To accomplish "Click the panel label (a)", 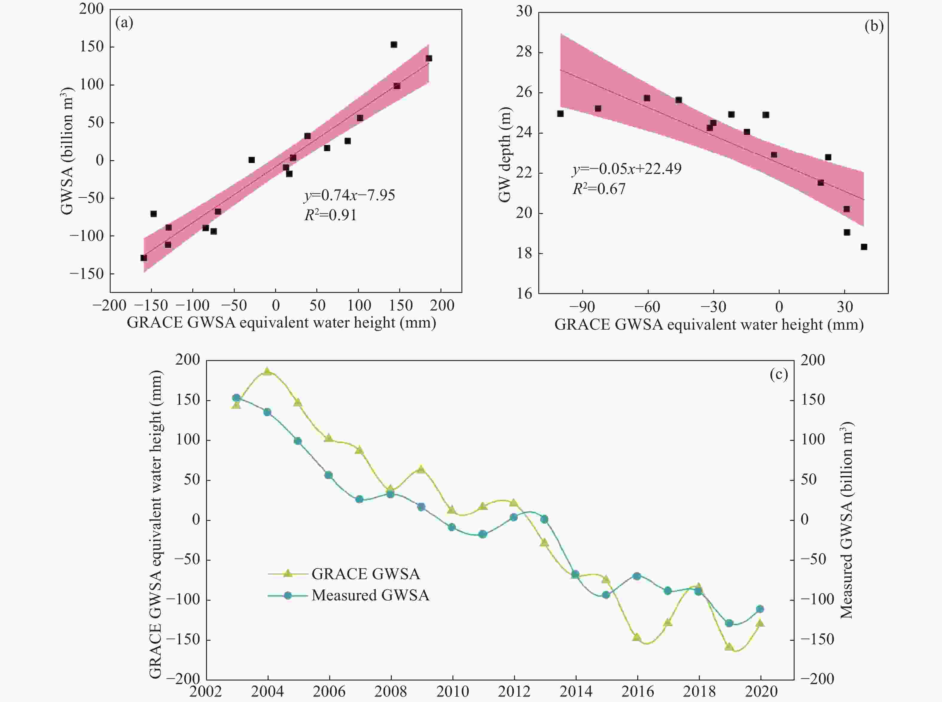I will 124,23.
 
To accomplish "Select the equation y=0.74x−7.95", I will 349,195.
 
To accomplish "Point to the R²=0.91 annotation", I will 330,215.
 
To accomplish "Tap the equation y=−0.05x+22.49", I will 627,169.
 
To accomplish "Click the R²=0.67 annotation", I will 599,189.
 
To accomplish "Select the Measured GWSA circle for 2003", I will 237,398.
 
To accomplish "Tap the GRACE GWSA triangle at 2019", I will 729,647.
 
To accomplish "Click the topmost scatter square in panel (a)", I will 394,45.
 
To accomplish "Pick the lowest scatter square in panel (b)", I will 864,247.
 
